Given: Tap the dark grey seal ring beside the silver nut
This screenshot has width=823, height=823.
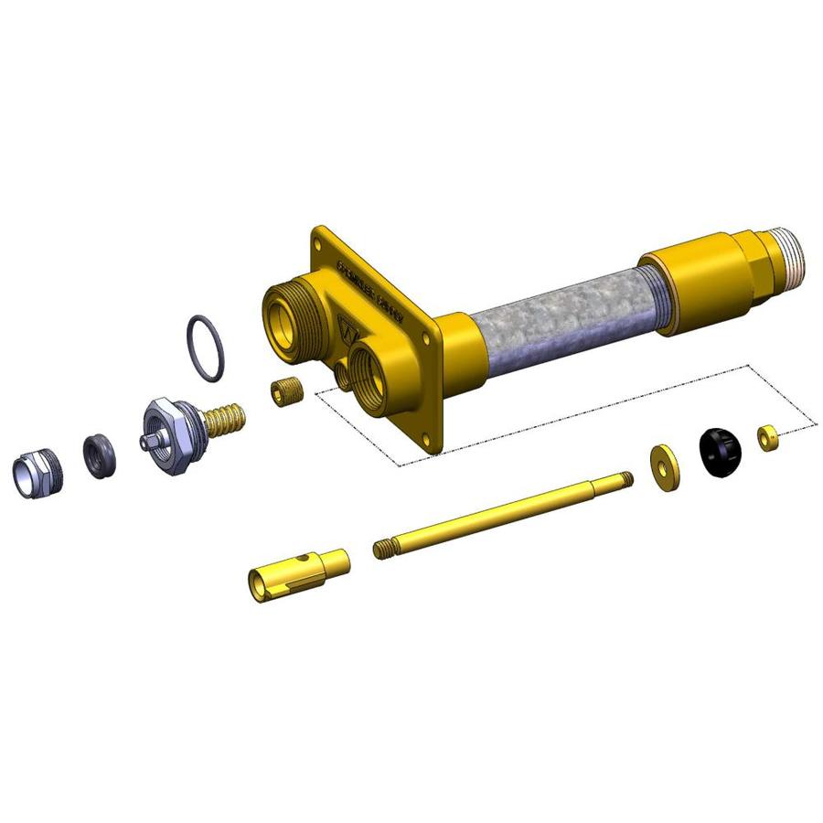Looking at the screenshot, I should coord(99,455).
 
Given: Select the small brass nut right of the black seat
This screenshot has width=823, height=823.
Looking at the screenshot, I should coord(768,437).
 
